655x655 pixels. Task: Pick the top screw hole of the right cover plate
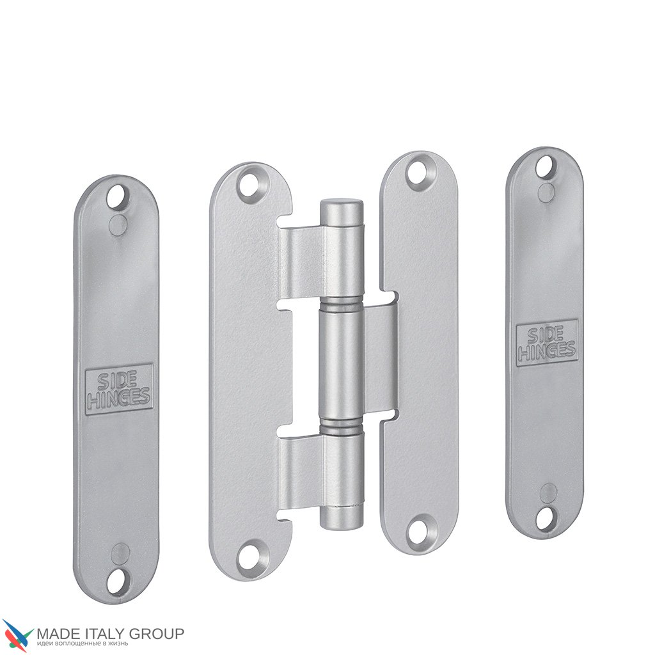pyautogui.click(x=546, y=167)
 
